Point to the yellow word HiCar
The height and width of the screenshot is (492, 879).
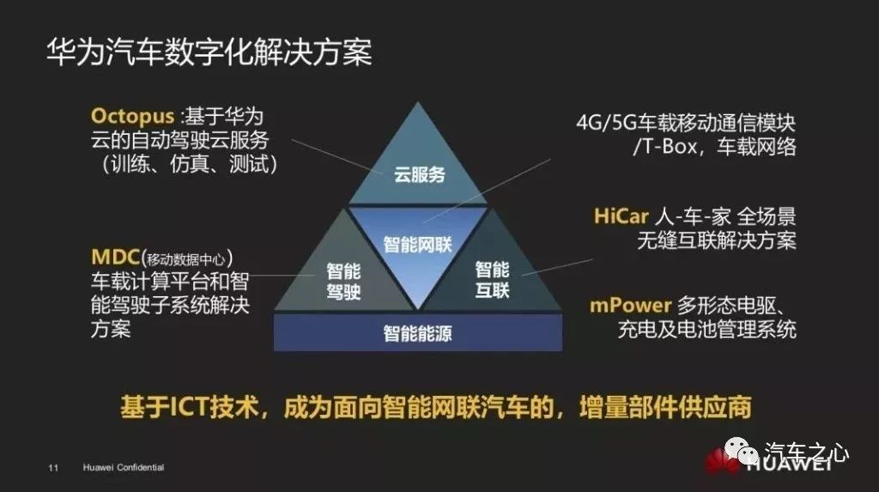coord(621,216)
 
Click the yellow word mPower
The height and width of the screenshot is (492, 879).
coord(629,307)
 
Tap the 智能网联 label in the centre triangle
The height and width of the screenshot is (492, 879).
coord(417,244)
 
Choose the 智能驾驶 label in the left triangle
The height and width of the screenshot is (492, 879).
coord(343,280)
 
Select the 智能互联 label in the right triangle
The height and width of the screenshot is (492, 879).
coord(493,280)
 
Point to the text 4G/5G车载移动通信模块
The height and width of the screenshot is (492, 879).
coord(686,124)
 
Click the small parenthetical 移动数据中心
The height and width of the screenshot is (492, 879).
coord(189,258)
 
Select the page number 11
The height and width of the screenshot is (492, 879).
coord(52,468)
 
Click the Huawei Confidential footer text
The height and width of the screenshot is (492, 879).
coord(124,468)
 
